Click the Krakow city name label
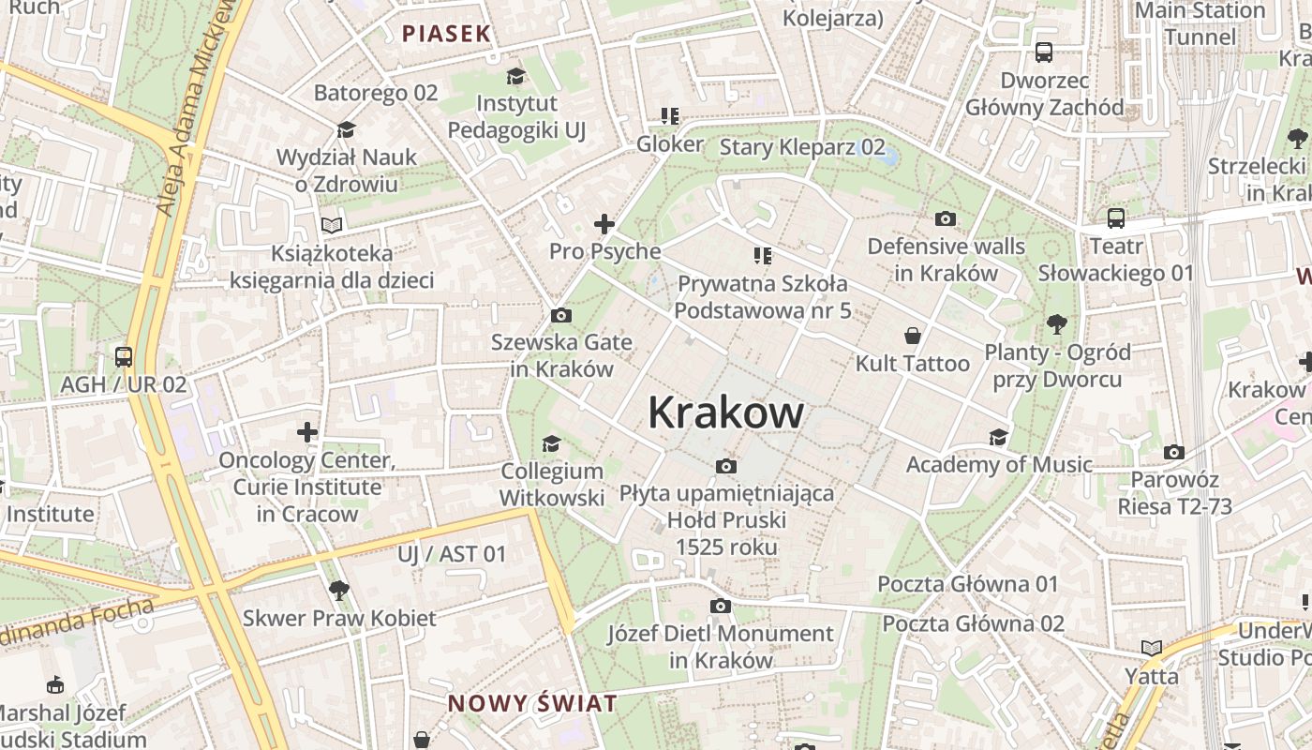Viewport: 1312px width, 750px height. tap(725, 412)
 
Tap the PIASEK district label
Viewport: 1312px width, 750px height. tap(446, 34)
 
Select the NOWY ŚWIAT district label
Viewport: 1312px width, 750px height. tap(531, 703)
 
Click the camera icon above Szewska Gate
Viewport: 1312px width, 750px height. tap(561, 315)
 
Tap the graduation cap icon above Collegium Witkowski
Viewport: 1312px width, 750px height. tap(551, 443)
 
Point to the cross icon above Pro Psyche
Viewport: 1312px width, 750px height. tap(604, 224)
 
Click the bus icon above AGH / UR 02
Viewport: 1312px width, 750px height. tap(123, 357)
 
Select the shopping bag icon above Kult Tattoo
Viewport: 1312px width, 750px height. tap(912, 336)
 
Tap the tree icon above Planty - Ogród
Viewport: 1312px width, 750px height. tap(1057, 324)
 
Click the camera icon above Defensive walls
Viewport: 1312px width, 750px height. tap(946, 218)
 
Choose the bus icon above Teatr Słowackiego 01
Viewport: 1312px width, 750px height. tap(1115, 218)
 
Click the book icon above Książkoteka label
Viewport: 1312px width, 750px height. tap(331, 225)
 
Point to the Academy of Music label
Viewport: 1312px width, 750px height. tap(999, 464)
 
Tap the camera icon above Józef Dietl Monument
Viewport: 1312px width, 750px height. tap(720, 607)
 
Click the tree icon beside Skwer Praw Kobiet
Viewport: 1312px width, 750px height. tap(338, 590)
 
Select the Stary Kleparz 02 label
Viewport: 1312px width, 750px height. tap(801, 146)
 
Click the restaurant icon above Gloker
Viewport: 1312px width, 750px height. tap(669, 116)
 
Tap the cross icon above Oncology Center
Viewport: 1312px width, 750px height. tap(307, 432)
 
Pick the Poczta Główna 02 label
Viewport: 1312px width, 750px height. tap(974, 623)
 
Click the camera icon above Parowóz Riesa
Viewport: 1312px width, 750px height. tap(1173, 453)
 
